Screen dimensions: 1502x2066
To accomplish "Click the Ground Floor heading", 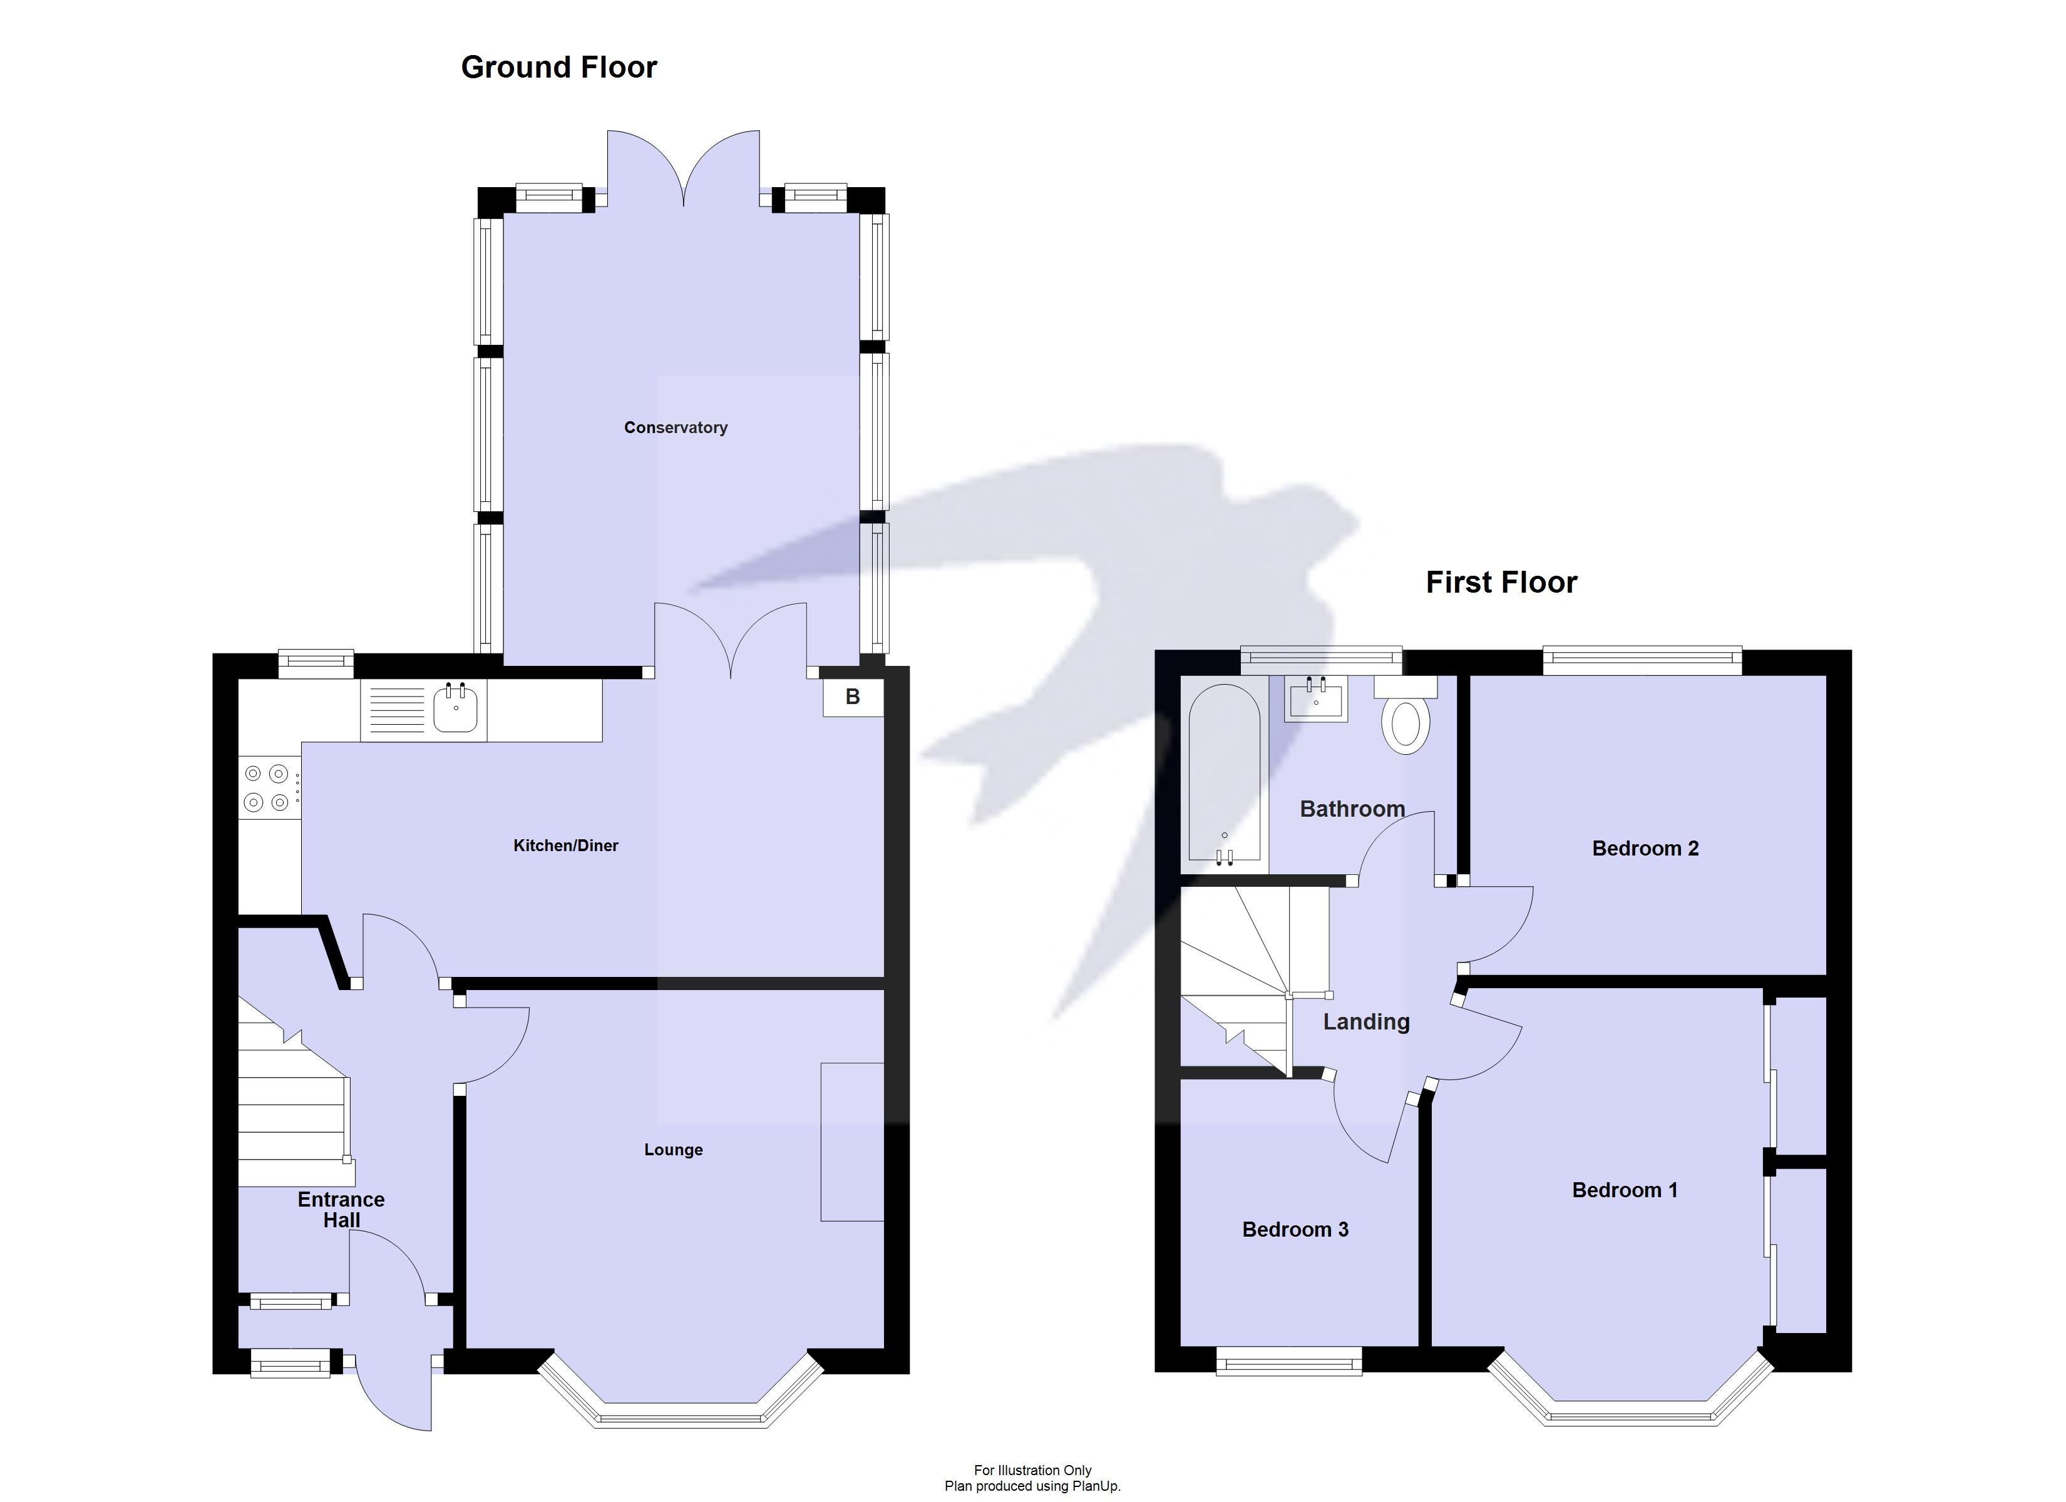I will (558, 68).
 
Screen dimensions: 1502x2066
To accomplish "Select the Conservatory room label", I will (675, 427).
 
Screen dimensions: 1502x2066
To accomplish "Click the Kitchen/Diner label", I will (566, 846).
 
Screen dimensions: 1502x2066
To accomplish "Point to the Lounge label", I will (673, 1150).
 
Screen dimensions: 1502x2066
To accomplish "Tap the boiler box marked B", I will (853, 697).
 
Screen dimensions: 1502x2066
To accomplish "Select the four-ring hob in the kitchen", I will (267, 788).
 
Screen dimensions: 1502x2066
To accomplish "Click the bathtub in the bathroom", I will (1225, 774).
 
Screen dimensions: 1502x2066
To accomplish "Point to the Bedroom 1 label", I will (1624, 1190).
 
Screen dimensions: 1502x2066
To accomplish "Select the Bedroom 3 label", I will (1295, 1230).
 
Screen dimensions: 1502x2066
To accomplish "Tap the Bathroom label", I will (1352, 809).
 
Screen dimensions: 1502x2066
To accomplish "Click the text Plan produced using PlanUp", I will (1032, 1486).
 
